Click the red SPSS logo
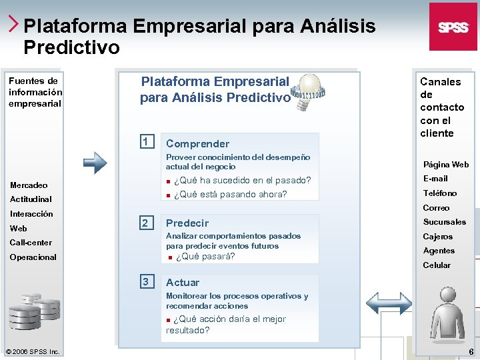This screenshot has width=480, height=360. pyautogui.click(x=453, y=27)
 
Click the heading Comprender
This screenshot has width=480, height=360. pyautogui.click(x=197, y=143)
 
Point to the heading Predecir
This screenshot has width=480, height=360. pyautogui.click(x=187, y=223)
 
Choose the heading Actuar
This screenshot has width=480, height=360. pyautogui.click(x=183, y=283)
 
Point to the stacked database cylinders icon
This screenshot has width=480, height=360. pyautogui.click(x=34, y=310)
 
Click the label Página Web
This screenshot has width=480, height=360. pyautogui.click(x=446, y=165)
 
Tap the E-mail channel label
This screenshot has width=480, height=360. pyautogui.click(x=435, y=179)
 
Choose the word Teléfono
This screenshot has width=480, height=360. pyautogui.click(x=440, y=193)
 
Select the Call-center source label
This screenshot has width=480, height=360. pyautogui.click(x=31, y=243)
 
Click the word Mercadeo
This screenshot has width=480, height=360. pyautogui.click(x=29, y=185)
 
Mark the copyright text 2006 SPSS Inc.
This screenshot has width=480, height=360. pyautogui.click(x=33, y=351)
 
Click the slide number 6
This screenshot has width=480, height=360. pyautogui.click(x=471, y=351)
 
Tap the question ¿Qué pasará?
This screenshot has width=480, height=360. pyautogui.click(x=205, y=257)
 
